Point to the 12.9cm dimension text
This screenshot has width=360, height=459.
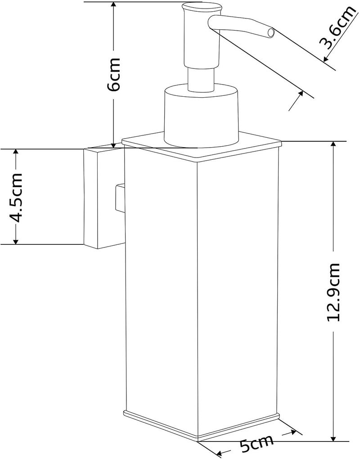tap(333, 292)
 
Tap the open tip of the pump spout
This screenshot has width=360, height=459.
tap(271, 32)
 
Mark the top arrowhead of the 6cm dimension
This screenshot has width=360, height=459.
tap(114, 5)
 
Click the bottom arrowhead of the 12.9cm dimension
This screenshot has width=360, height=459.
tap(333, 437)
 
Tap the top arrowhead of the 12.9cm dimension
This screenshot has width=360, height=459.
tap(333, 145)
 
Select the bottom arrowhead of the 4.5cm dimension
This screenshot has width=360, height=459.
tap(16, 240)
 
